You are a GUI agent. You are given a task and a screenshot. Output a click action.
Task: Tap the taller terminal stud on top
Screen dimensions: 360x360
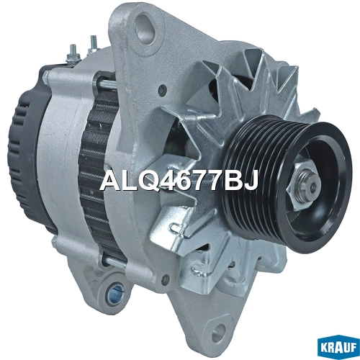pyautogui.click(x=92, y=45)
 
